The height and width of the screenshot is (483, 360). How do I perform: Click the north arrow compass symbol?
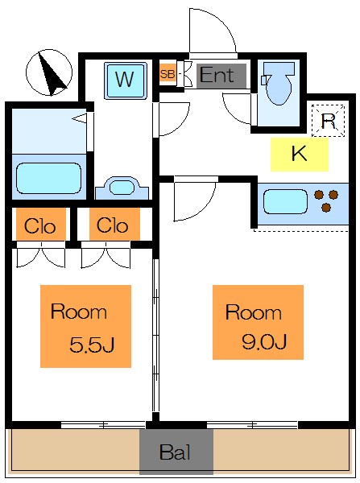[x=49, y=72]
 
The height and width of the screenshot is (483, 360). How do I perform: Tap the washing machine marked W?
[x=125, y=80]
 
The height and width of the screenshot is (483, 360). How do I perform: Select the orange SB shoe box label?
[x=168, y=74]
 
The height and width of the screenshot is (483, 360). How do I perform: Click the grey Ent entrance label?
[x=221, y=76]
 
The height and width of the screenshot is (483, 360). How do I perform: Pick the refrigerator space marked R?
[x=328, y=121]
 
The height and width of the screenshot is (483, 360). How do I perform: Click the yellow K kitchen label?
[x=300, y=154]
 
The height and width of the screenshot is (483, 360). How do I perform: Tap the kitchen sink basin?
[x=285, y=202]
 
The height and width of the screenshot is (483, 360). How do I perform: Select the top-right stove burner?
[x=333, y=195]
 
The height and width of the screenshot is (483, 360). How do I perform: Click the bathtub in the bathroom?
[x=48, y=179]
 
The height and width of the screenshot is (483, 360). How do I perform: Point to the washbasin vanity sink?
[x=122, y=188]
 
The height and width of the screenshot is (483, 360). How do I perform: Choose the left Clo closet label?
[x=40, y=225]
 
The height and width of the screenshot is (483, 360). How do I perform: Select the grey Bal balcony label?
[x=176, y=452]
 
